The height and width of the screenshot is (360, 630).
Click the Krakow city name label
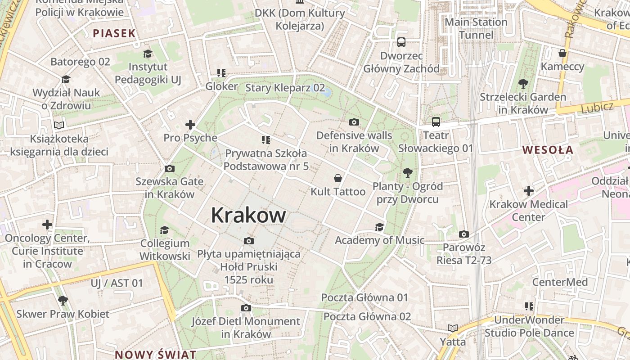[248, 215]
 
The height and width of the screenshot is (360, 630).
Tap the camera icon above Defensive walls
[354, 122]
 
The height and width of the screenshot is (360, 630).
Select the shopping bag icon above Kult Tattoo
[338, 178]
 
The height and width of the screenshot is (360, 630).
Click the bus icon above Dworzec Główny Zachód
[401, 42]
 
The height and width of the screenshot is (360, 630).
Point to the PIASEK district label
[114, 33]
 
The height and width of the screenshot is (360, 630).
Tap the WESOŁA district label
[548, 150]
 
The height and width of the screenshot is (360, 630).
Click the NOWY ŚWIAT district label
[155, 354]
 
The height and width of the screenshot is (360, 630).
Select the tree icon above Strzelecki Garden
[523, 83]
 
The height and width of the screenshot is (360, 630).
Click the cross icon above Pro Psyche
[190, 124]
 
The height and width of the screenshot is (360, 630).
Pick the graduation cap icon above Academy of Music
[379, 226]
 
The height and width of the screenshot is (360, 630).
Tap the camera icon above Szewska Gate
[170, 168]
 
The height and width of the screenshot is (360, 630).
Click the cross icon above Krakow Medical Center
[529, 191]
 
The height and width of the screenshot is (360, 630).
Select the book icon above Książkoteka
[59, 125]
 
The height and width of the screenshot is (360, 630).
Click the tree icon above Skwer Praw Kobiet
[63, 300]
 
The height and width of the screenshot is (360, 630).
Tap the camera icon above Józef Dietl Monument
[246, 308]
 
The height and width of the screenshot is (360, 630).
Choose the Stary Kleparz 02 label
[285, 87]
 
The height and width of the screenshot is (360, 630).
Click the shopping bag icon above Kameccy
[562, 53]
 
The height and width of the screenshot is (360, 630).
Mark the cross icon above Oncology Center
[47, 224]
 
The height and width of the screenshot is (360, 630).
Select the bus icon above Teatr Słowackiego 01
[436, 121]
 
